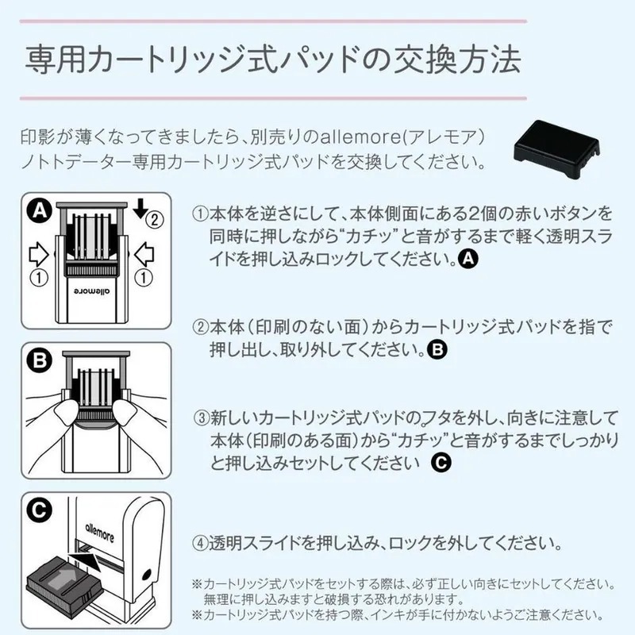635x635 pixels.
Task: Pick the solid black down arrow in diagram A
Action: [141, 209]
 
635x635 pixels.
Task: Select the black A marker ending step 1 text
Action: [469, 259]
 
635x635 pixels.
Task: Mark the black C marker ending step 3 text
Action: [441, 462]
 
